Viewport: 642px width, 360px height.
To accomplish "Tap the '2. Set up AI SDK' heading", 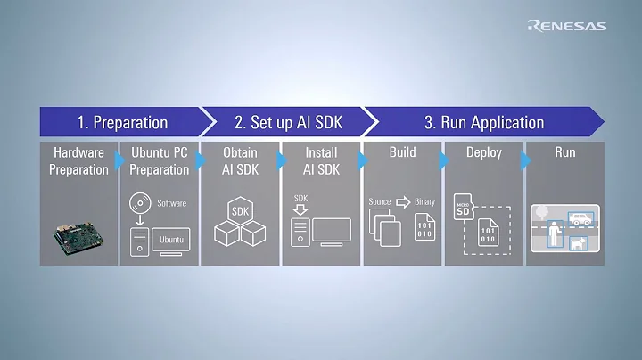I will pos(287,122).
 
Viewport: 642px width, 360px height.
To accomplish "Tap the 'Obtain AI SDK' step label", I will pos(240,160).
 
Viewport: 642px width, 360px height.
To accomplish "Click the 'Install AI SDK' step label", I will pos(321,160).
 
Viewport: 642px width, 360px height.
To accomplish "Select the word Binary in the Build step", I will pos(424,202).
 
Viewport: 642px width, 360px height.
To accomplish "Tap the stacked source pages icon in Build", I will pos(384,230).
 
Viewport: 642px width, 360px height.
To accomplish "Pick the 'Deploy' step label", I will pos(483,152).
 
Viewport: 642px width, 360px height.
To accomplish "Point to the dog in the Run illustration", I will pos(580,241).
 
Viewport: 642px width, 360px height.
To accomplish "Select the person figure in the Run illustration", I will pos(555,234).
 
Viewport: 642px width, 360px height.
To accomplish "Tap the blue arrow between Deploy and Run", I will pos(525,160).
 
